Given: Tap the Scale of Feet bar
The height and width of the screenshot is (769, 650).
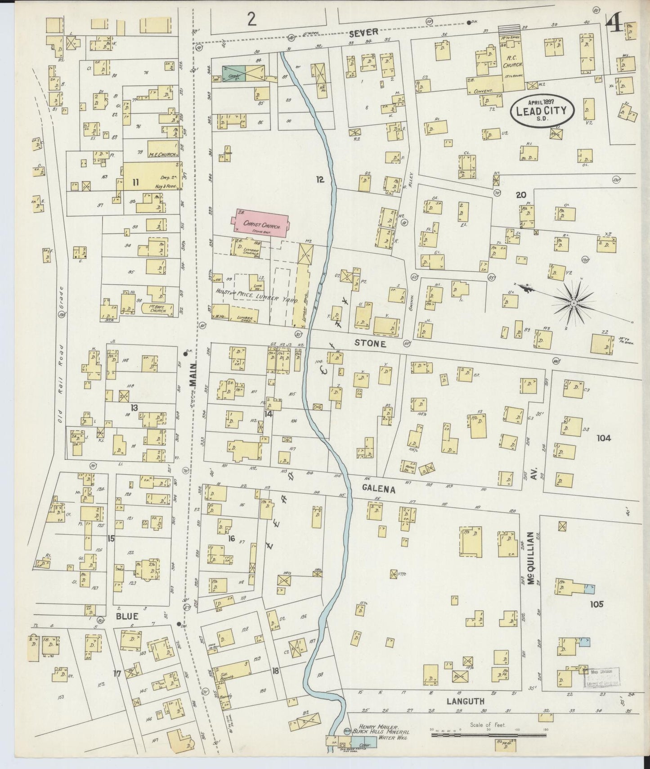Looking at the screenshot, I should click(488, 735).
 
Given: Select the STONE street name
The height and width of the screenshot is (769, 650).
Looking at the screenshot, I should click(370, 344).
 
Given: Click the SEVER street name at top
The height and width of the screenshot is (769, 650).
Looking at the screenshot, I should click(369, 32).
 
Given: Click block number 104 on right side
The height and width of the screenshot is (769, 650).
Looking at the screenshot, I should click(604, 438).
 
